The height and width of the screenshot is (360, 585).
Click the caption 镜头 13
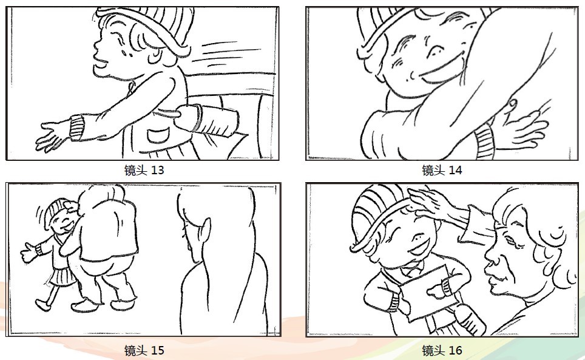tap(144, 170)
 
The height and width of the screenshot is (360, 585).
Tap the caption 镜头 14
tap(442, 170)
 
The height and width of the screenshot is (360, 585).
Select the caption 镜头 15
tap(144, 350)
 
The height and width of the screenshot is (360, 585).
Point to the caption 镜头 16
tap(442, 350)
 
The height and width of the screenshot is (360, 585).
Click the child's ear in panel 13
tap(154, 55)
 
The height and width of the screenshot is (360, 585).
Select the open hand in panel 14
tap(524, 127)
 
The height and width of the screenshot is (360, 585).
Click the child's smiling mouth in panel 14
tap(442, 73)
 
